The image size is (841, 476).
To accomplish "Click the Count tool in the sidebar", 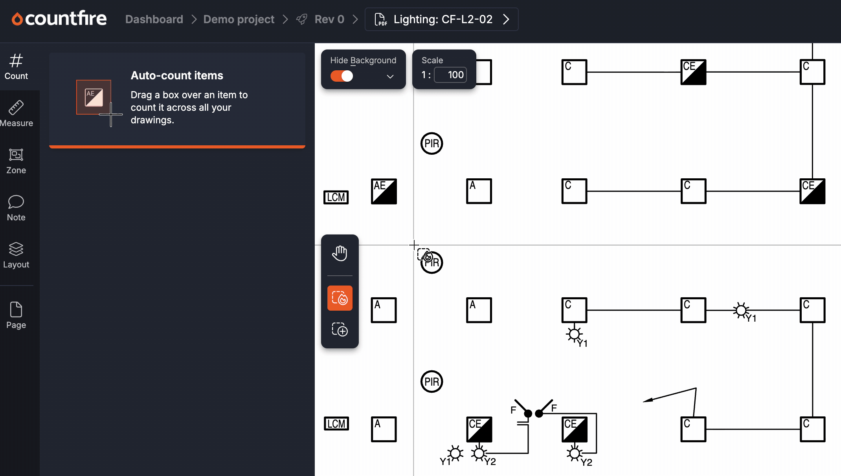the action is click(x=16, y=67).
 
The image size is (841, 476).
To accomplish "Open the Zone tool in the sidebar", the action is click(x=16, y=161).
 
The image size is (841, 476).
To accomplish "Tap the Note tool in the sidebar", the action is click(x=16, y=208).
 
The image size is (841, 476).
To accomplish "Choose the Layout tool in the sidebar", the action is click(x=16, y=255).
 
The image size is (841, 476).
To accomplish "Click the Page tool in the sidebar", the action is click(x=16, y=315).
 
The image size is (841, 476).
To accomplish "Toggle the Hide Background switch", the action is click(x=342, y=76).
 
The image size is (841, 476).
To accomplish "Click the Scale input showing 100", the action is click(x=450, y=75).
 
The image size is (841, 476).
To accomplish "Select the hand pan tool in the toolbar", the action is click(x=340, y=253).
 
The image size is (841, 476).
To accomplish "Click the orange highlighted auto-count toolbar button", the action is click(x=340, y=298).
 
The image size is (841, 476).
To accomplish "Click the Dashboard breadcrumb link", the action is click(x=154, y=19).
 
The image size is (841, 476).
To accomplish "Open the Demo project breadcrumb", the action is click(x=239, y=19).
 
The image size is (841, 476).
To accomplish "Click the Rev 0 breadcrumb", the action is click(x=329, y=19).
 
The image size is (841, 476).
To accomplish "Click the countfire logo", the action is click(x=59, y=18).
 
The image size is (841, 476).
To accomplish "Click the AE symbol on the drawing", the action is click(x=384, y=191).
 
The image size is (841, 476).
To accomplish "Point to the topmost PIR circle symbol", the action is click(x=432, y=143).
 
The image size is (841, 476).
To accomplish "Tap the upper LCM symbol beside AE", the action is click(x=336, y=197).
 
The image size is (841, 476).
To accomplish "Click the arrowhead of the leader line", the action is click(x=647, y=400).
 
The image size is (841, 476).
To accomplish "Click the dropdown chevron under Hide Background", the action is click(x=390, y=77).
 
